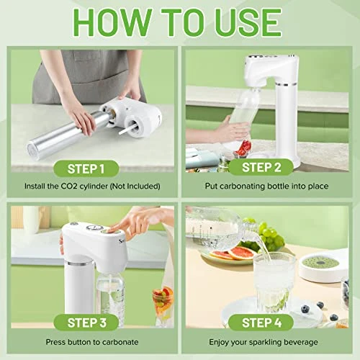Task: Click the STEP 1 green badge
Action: [86, 168]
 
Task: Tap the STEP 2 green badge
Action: [261, 167]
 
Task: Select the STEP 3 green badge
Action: [86, 323]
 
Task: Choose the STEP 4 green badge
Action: [261, 323]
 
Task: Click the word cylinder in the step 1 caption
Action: [94, 186]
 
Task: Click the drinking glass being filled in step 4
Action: [274, 283]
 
